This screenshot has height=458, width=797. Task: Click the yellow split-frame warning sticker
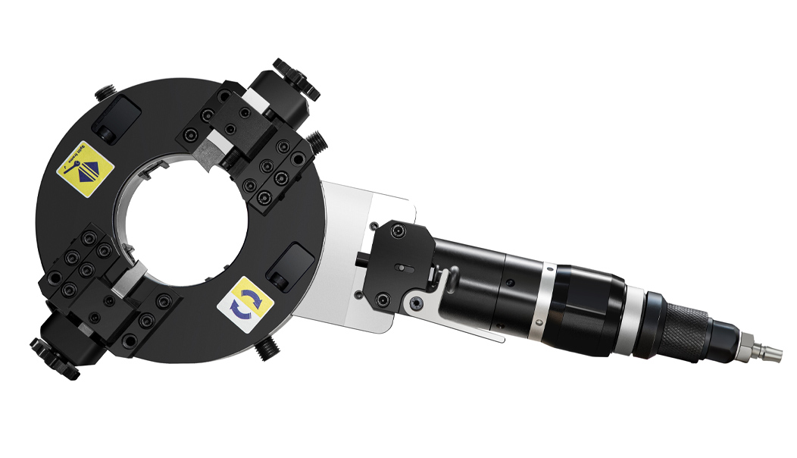[x=85, y=169]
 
